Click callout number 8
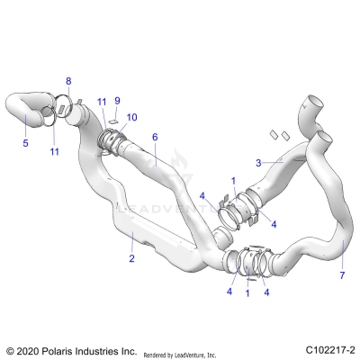point(68,82)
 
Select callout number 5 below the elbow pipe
point(25,142)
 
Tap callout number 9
point(116,101)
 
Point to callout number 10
point(132,117)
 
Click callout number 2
point(131,258)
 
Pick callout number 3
point(258,163)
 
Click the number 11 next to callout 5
point(54,151)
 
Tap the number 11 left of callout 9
point(102,101)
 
